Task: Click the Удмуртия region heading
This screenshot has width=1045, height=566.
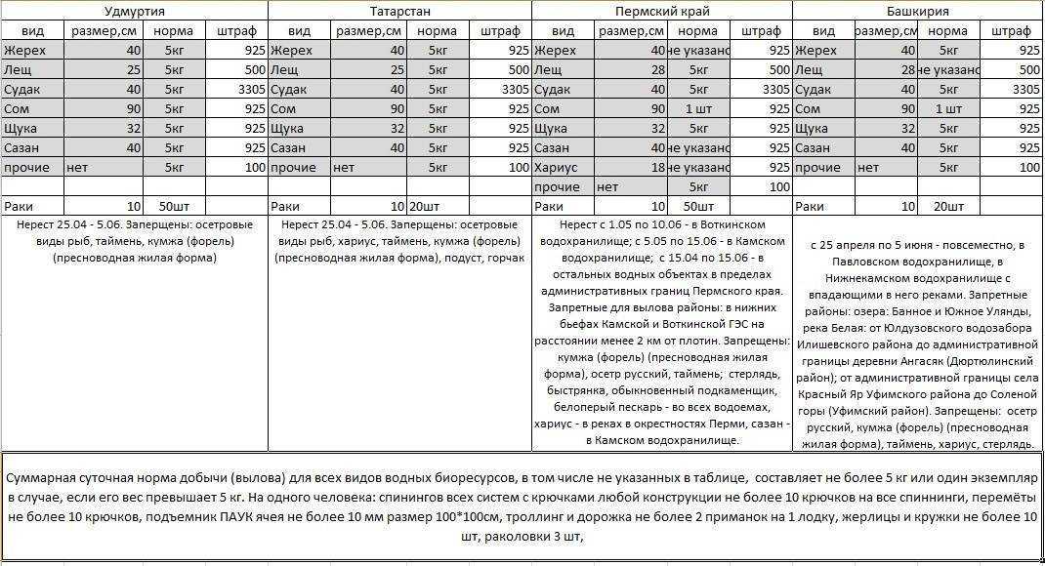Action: [134, 11]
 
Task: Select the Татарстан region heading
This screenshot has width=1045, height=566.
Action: [398, 11]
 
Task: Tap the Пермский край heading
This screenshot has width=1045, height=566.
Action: [662, 11]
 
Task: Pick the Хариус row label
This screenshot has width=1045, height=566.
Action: [556, 168]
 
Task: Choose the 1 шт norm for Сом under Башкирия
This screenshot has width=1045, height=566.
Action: [948, 108]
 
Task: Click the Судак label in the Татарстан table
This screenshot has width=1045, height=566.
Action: [289, 89]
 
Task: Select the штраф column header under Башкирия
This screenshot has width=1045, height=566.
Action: [1010, 30]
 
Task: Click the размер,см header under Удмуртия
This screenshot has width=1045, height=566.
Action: [104, 30]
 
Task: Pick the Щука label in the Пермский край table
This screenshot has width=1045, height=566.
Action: [552, 128]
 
